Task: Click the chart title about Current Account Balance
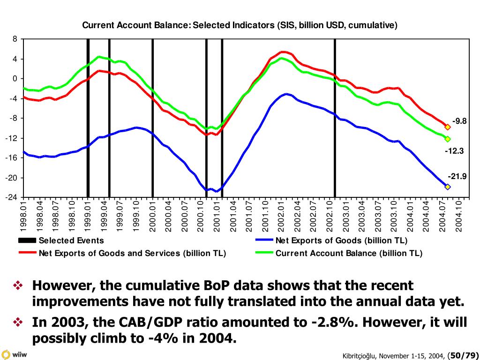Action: click(x=240, y=25)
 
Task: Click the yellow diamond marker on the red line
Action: click(x=448, y=127)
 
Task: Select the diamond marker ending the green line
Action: click(x=448, y=139)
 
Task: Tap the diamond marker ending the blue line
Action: click(x=448, y=187)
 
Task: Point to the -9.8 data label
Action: click(x=459, y=121)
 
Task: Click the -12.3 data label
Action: click(x=454, y=151)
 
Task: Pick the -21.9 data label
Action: click(x=457, y=176)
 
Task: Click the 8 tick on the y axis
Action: click(x=15, y=39)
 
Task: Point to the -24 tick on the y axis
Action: click(x=12, y=197)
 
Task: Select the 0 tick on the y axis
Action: click(x=15, y=79)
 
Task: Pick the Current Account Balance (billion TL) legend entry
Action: click(x=349, y=254)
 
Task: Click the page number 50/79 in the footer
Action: click(x=463, y=355)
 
